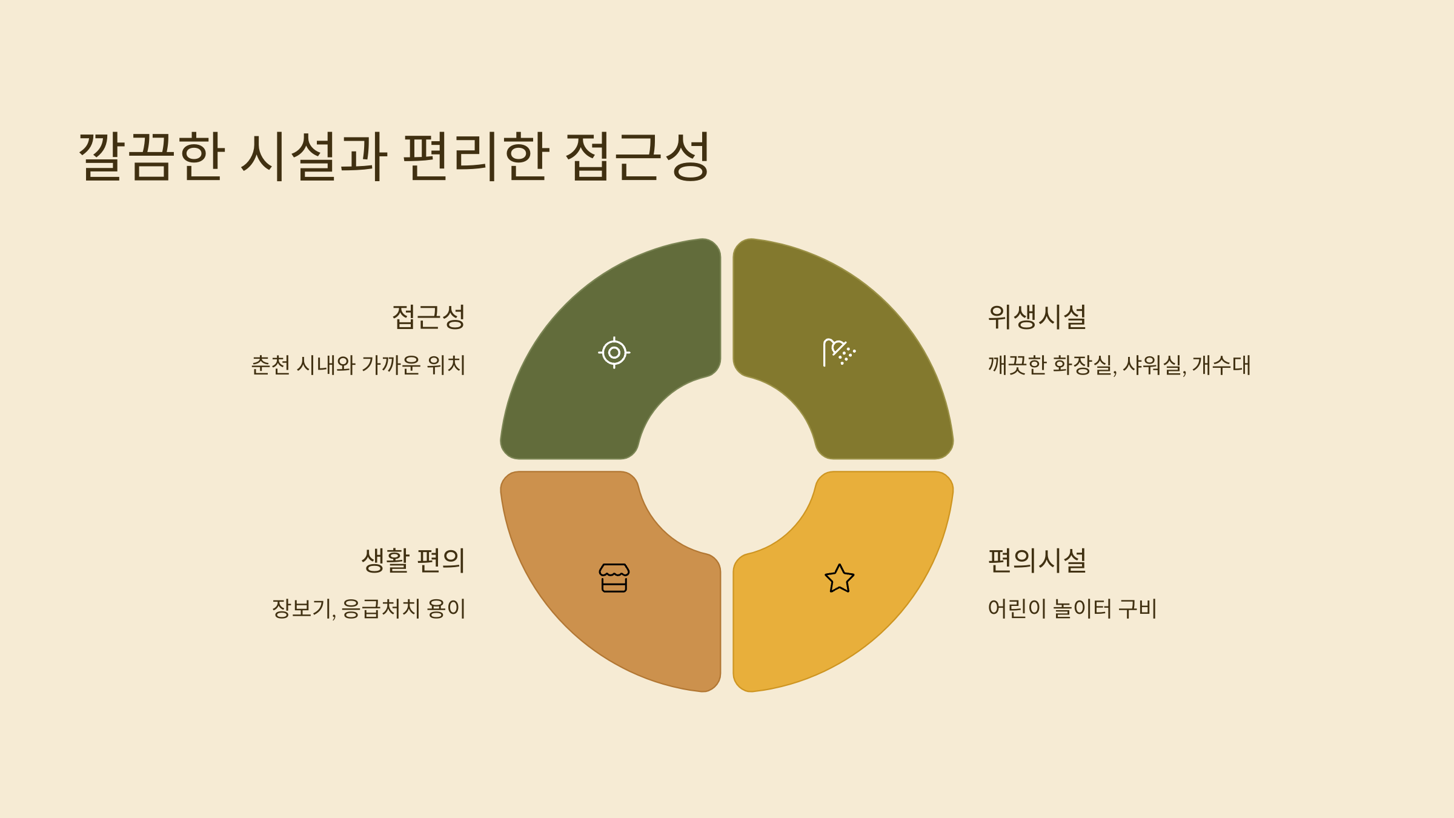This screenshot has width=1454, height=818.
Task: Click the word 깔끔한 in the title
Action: coord(151,156)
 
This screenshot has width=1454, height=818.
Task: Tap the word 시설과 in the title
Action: coord(314,156)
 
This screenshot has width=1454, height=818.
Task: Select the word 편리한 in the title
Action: coord(476,156)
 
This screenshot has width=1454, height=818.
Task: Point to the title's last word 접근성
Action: coord(637,156)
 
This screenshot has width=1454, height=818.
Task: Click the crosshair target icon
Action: coord(614,353)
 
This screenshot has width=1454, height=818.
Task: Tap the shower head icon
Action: coord(839,353)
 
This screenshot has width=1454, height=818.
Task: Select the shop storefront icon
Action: coord(614,578)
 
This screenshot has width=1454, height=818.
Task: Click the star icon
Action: coord(840,578)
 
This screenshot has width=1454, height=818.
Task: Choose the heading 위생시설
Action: coord(1037,317)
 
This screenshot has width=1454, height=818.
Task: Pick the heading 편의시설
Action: coord(1037,560)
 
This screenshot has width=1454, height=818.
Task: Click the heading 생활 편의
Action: coord(413,560)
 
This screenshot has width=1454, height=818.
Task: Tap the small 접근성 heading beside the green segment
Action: coord(428,317)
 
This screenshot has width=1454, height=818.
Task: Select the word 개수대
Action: coord(1221,365)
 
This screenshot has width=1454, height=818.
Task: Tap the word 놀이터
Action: coord(1083,609)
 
